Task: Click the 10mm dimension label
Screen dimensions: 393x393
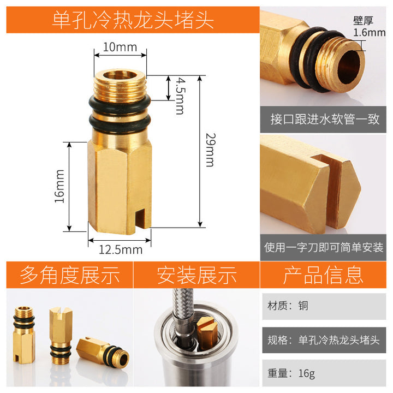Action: (120, 47)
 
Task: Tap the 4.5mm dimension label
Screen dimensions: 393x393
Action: (181, 96)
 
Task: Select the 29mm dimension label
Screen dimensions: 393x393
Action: (211, 150)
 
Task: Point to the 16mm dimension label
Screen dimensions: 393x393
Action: (59, 186)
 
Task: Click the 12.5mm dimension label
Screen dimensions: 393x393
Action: (121, 249)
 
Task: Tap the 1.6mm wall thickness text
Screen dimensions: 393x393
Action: (369, 33)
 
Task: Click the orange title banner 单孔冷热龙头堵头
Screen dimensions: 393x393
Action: (133, 20)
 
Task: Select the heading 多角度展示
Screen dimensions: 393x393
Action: (70, 275)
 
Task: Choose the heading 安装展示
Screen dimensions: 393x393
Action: (196, 275)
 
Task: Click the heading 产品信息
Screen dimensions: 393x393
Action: (323, 275)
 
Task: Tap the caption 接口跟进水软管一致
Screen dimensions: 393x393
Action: (325, 119)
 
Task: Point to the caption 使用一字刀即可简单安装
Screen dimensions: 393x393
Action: (324, 247)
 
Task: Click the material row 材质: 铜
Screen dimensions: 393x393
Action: (288, 306)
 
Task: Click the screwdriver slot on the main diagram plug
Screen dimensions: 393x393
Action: (140, 218)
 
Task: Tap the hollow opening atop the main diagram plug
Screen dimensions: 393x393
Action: (120, 75)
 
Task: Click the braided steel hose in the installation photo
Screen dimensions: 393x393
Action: (184, 318)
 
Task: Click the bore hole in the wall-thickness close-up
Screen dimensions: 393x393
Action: (348, 67)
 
